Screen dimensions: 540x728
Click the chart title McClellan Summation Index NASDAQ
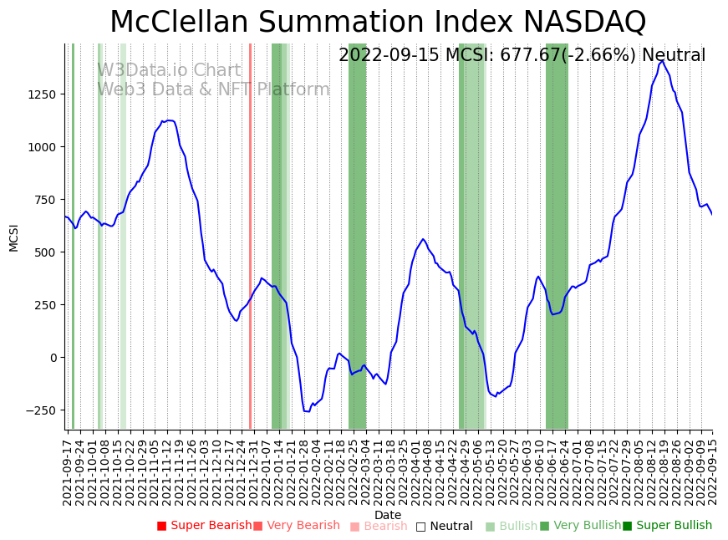coord(378,22)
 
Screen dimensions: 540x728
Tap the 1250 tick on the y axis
coord(42,94)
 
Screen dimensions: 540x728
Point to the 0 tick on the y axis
coord(54,358)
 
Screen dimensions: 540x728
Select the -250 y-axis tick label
coord(40,410)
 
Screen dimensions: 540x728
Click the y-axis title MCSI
coord(13,237)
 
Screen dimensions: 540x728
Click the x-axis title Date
coord(388,515)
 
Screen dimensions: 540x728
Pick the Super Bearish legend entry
coord(205,526)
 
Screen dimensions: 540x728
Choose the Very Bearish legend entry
coord(297,526)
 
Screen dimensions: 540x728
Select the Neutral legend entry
coord(445,527)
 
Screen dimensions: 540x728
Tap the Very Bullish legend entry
coord(581,526)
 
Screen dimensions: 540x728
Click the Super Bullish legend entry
coord(668,526)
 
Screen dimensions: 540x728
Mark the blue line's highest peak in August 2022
coord(662,61)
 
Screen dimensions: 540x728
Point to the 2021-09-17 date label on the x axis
coord(67,472)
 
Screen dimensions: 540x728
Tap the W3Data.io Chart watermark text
coord(169,71)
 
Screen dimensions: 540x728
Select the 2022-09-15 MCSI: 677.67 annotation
coord(522,56)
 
